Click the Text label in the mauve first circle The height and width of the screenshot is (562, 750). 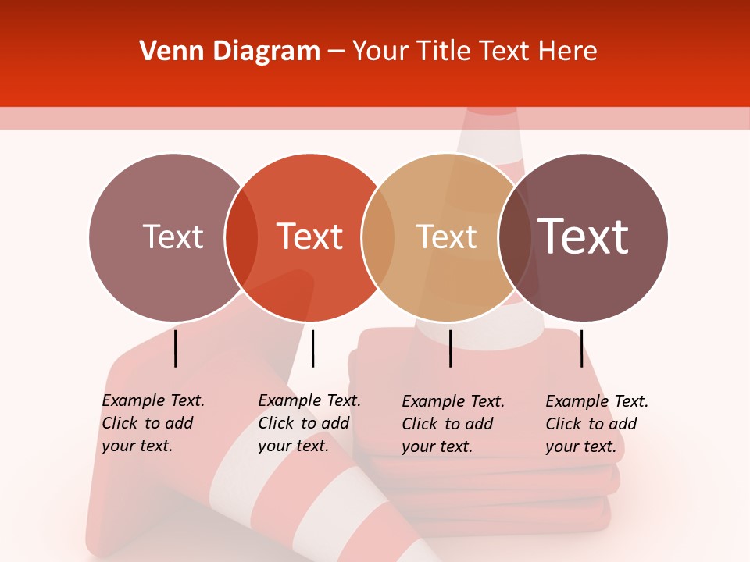pos(173,237)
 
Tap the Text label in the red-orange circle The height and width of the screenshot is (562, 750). pos(310,237)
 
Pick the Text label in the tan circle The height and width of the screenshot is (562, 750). pos(446,237)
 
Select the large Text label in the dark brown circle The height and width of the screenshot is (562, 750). pos(584,237)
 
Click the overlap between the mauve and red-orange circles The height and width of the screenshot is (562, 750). pos(241,237)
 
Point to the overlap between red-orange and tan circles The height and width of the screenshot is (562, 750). pos(378,237)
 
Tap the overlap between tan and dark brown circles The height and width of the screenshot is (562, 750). pos(515,237)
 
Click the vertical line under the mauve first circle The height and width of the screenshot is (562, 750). pos(176,348)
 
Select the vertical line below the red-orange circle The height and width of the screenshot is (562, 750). pos(312,348)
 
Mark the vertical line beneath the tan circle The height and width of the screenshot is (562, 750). pos(450,348)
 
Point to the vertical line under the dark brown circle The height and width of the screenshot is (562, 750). pos(581,348)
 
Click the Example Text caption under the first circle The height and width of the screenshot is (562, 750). pos(153,423)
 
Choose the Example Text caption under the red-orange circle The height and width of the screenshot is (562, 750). pos(309,423)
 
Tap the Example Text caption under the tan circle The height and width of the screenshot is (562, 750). pos(453,424)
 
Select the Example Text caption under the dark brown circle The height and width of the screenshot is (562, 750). pos(597,424)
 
